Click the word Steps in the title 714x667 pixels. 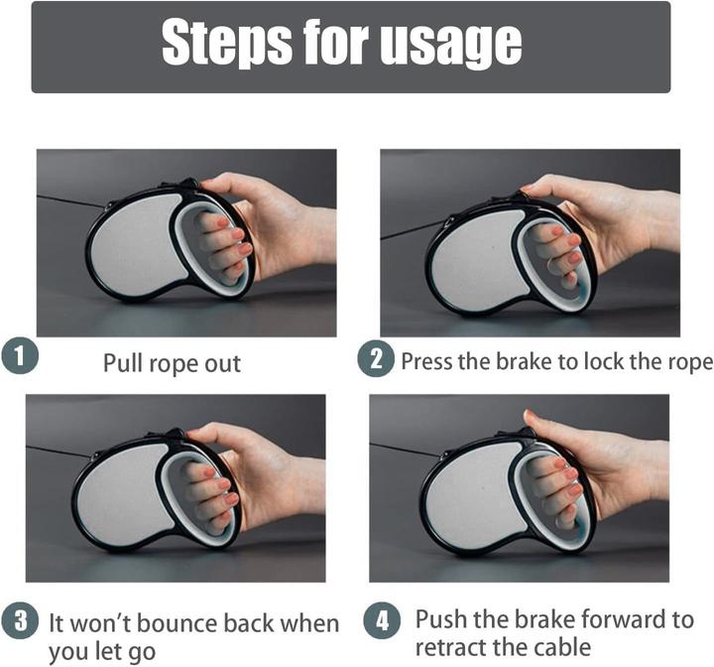coord(226,44)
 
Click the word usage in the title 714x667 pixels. coord(450,47)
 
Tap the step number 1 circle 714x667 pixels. coord(19,356)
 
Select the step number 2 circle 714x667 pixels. coord(376,358)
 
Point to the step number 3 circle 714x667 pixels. coord(20,620)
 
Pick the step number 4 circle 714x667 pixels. coord(383,620)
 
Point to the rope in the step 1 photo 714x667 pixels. coord(71,201)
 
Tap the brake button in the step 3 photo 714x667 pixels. coord(177,433)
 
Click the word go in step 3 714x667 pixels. coord(143,652)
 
